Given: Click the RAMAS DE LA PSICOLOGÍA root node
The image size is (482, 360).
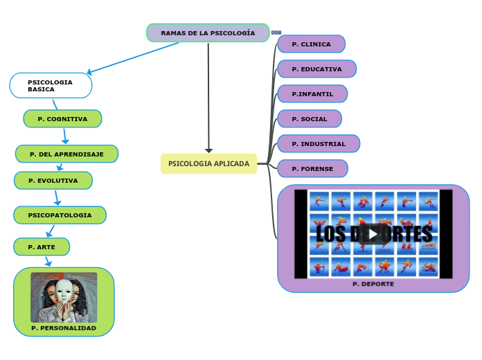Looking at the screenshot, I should click(x=208, y=33).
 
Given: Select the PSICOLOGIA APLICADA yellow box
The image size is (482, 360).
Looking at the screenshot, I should click(x=208, y=163).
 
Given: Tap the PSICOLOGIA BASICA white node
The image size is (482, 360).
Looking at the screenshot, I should click(x=51, y=86).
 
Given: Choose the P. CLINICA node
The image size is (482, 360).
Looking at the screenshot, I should click(x=311, y=44).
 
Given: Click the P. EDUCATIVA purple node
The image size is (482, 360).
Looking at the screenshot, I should click(x=316, y=69).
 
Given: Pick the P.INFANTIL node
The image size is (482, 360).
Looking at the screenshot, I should click(x=312, y=94).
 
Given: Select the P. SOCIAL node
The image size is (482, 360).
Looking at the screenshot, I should click(x=310, y=119).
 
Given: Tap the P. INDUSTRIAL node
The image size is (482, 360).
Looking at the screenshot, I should click(x=319, y=144).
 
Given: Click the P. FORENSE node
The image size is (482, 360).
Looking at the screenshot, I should click(x=312, y=169).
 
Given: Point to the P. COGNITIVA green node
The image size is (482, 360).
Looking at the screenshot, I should click(x=62, y=119).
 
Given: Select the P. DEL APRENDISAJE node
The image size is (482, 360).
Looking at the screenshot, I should click(x=66, y=154).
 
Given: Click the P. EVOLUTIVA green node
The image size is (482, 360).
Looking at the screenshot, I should click(x=53, y=181).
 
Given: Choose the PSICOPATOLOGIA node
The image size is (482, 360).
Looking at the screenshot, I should click(x=60, y=215).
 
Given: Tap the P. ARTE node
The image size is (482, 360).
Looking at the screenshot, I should click(x=42, y=247).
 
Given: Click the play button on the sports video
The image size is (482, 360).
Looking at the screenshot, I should click(x=373, y=234).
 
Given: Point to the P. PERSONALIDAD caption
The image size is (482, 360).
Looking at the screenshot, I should click(x=64, y=328).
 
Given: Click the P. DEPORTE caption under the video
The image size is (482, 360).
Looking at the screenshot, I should click(x=373, y=284).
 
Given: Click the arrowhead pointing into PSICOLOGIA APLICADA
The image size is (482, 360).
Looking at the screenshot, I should click(x=208, y=150).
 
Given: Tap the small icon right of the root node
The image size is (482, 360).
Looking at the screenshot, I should click(x=276, y=33).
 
